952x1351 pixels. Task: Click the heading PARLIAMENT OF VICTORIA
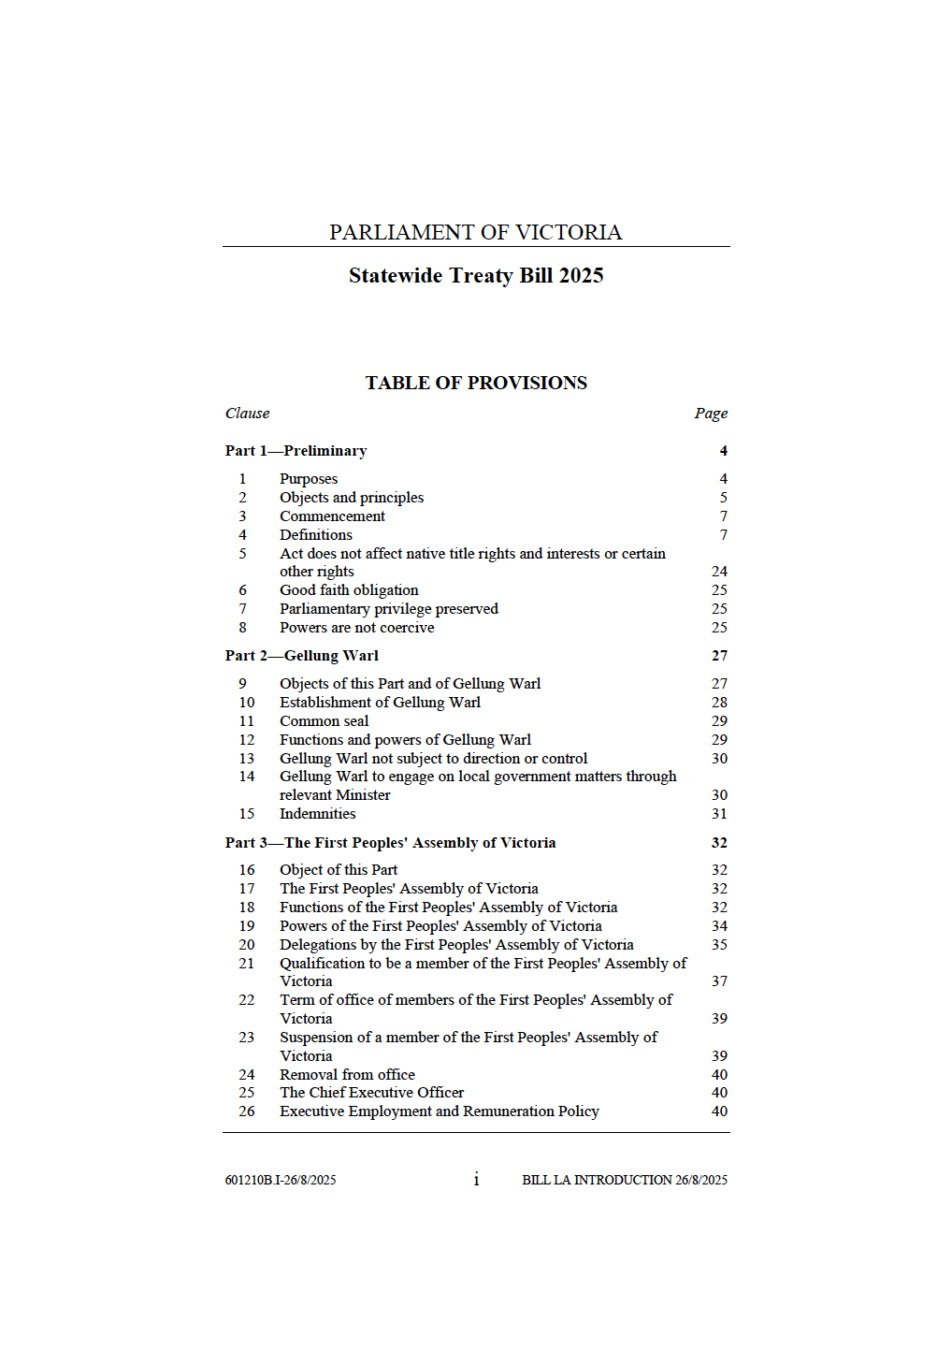475,232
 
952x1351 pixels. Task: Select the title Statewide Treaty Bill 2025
476,275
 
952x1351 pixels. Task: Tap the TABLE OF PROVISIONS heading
476,383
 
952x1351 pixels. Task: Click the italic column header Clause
247,414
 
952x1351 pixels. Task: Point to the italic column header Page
711,414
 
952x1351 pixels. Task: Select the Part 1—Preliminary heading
296,451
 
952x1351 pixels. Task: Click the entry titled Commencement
332,516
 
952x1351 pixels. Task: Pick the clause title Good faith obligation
349,590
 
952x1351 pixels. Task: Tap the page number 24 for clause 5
719,572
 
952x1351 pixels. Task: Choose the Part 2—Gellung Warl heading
302,656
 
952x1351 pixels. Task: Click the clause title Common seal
324,721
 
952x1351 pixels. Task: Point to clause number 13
247,759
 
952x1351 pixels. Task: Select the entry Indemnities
317,814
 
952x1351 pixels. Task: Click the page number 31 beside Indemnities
719,814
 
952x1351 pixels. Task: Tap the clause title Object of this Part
339,870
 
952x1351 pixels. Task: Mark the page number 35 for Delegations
719,945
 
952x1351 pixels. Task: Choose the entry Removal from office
347,1075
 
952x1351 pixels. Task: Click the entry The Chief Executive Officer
371,1093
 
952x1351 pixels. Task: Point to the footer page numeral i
476,1180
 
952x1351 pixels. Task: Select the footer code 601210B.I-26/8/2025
281,1181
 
